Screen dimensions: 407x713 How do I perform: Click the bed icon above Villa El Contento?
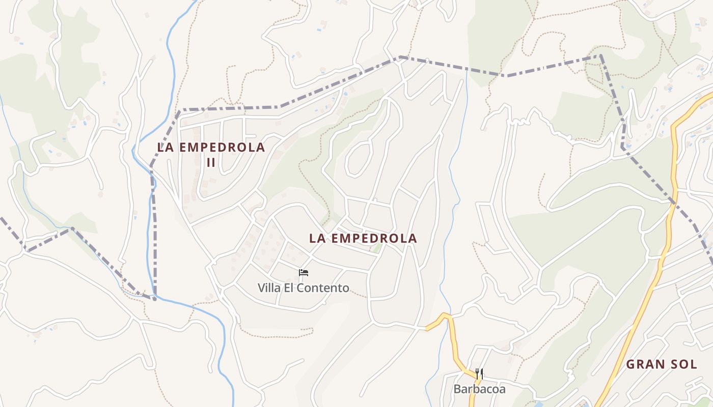click(304, 273)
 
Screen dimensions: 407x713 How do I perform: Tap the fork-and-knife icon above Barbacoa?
click(479, 374)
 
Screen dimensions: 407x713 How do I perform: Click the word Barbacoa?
click(480, 389)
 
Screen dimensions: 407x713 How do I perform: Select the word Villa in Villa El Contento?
click(269, 288)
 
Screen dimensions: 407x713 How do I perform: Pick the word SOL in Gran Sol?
click(684, 364)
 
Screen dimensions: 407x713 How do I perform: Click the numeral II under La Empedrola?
click(211, 162)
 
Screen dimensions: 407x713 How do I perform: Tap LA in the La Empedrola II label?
click(166, 148)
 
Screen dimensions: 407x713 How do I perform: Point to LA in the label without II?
click(318, 238)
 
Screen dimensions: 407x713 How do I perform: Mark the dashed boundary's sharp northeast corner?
click(601, 56)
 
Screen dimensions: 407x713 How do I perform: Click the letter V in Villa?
click(261, 288)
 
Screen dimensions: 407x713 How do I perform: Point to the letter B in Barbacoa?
click(457, 389)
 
